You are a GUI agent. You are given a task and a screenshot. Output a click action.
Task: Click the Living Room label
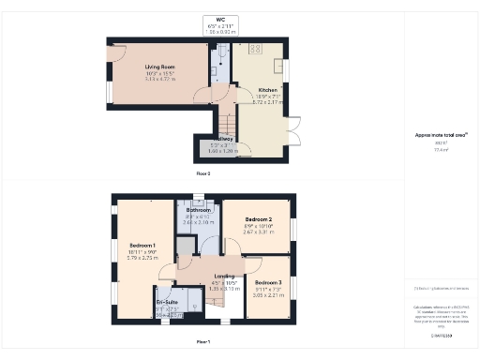(x=160, y=67)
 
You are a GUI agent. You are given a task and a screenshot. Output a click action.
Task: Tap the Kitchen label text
(x=267, y=90)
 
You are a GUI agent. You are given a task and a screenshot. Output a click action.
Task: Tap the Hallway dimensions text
(x=218, y=150)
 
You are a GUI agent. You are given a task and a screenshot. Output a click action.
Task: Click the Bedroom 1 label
(x=142, y=245)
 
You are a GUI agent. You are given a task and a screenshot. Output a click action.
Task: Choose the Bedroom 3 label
(x=268, y=282)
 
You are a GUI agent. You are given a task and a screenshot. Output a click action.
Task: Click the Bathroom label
(x=198, y=210)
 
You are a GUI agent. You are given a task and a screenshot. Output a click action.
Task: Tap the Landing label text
(x=224, y=276)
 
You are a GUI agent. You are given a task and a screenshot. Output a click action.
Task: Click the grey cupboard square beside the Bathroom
(x=186, y=246)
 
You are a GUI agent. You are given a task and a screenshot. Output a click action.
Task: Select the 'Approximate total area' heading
(x=441, y=135)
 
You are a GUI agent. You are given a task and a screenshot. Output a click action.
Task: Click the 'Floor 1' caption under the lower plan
(x=202, y=341)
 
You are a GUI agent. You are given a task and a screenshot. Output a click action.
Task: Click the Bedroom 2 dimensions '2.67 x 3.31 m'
(x=257, y=231)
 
